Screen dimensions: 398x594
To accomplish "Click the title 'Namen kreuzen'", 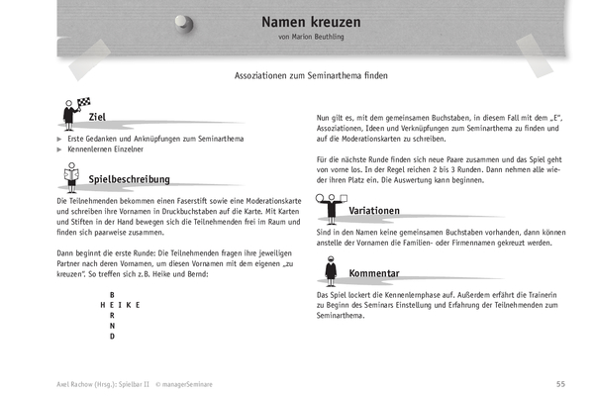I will pos(311,22).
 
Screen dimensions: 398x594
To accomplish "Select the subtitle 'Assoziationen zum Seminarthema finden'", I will pos(311,75).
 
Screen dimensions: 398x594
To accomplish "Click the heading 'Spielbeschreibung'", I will pos(129,179).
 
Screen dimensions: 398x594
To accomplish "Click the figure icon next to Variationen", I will pos(330,206).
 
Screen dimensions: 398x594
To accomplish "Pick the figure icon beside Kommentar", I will pos(330,269).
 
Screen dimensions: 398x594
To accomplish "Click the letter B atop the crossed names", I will pos(113,295).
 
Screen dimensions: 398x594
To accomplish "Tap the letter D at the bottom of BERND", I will pos(113,336).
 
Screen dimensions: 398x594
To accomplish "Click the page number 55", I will pos(559,382).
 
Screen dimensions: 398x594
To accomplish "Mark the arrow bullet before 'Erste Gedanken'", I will pos(58,140).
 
